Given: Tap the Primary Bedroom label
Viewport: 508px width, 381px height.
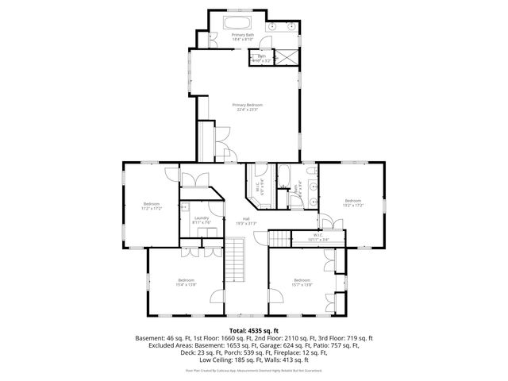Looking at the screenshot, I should pyautogui.click(x=247, y=105).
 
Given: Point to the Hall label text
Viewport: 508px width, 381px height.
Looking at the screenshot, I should pyautogui.click(x=247, y=219).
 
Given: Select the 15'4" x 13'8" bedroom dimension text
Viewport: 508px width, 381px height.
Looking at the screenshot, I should pyautogui.click(x=187, y=284).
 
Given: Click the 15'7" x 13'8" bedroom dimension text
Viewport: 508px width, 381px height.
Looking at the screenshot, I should pyautogui.click(x=302, y=284).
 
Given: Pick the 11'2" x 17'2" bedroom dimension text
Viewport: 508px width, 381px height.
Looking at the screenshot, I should pyautogui.click(x=152, y=209).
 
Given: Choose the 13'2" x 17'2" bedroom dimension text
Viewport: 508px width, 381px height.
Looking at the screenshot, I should pyautogui.click(x=352, y=205).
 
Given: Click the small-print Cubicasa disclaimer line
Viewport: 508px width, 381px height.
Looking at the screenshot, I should pyautogui.click(x=253, y=370).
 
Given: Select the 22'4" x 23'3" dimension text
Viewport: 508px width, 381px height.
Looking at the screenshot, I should pyautogui.click(x=247, y=110).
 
